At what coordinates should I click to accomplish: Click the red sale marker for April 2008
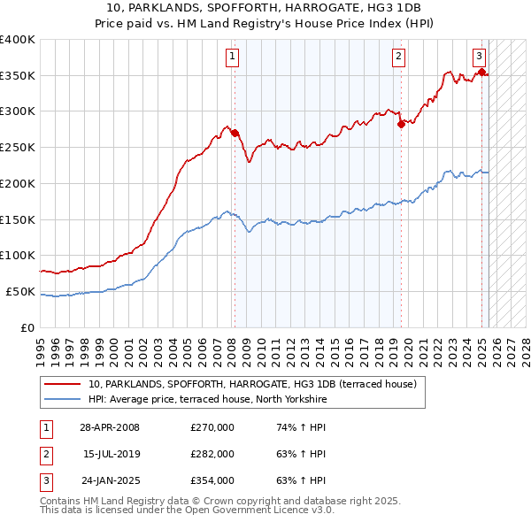[235, 133]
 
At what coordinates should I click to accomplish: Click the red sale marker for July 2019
[401, 124]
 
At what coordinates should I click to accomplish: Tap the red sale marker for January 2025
[481, 73]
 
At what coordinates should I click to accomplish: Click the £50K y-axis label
[20, 291]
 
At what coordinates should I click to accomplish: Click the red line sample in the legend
[64, 384]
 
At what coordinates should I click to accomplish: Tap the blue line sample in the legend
[64, 400]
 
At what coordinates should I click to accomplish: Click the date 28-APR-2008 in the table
[110, 428]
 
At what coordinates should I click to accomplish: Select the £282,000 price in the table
[212, 454]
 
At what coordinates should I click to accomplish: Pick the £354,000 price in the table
[212, 480]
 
